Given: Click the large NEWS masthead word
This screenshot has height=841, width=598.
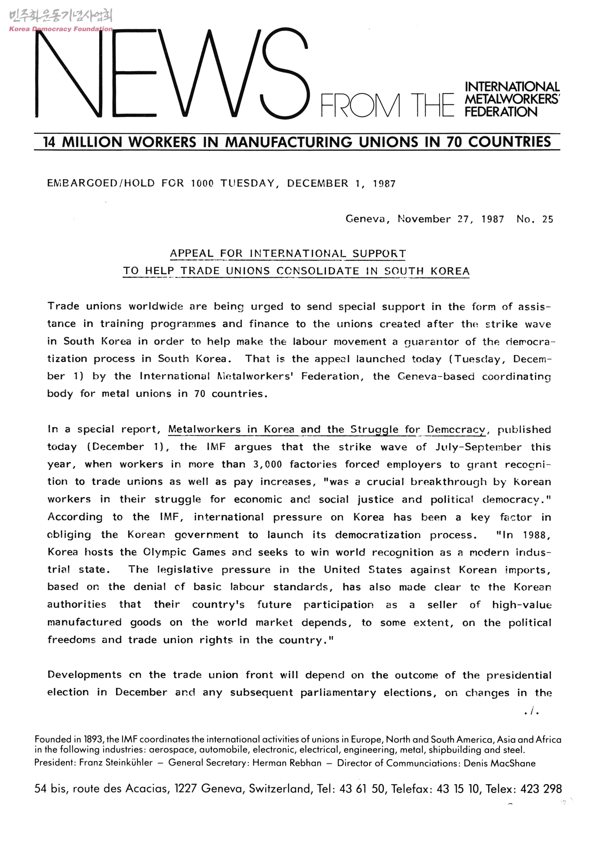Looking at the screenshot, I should (x=171, y=74).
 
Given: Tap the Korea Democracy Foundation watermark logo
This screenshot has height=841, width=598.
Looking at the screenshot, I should (x=60, y=21).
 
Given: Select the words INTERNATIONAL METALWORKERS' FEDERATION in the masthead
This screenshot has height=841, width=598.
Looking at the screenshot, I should (x=512, y=99).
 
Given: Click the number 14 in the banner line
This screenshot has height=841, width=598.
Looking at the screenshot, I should (x=49, y=142).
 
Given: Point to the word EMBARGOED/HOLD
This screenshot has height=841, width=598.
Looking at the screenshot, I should (x=101, y=183).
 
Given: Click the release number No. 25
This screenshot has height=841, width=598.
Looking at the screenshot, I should (x=535, y=219).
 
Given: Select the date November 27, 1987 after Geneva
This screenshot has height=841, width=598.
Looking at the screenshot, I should (x=450, y=219).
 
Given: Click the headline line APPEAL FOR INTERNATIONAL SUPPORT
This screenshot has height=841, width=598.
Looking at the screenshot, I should (x=288, y=254).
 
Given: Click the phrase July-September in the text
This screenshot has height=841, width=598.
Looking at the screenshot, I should (x=478, y=447).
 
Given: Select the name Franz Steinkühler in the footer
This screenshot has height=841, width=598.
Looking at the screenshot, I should (x=116, y=763).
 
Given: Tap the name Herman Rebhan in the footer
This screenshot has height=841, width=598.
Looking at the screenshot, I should (x=287, y=763).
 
